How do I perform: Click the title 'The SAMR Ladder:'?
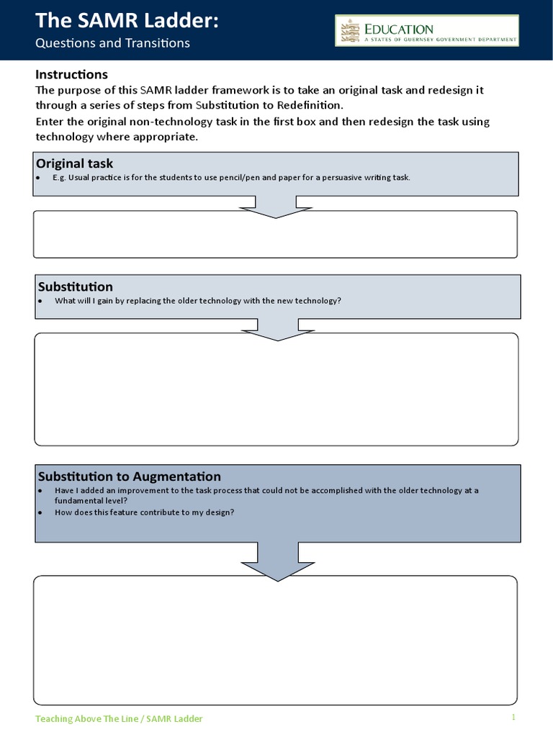pos(127,21)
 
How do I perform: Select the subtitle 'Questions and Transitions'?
pos(112,43)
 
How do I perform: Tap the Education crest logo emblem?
pos(351,32)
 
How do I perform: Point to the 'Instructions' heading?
pos(71,74)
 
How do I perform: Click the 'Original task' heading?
pos(75,163)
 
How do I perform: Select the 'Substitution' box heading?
pos(75,286)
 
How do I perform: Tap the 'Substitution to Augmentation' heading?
pos(129,476)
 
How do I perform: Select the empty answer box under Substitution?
pos(276,392)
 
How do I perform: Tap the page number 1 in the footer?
pos(514,717)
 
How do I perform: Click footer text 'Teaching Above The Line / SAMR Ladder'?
pos(119,718)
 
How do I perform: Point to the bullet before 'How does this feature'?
pos(40,512)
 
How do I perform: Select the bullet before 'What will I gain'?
pos(40,301)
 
